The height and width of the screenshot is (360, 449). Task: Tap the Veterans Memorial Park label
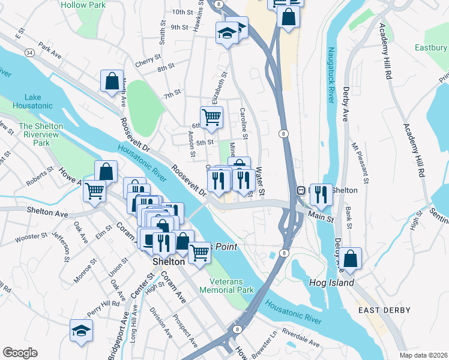(232, 286)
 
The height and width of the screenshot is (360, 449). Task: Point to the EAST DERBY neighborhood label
(384, 310)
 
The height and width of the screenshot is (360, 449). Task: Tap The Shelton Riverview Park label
(42, 134)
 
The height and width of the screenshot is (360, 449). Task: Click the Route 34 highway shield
(29, 53)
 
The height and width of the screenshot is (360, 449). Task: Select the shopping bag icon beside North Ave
(113, 81)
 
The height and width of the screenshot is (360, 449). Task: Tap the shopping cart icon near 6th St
(211, 117)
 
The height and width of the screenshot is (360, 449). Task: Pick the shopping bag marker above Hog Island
(352, 258)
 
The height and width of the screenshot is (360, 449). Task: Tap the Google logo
(20, 352)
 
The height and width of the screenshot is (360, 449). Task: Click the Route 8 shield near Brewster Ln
(238, 329)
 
